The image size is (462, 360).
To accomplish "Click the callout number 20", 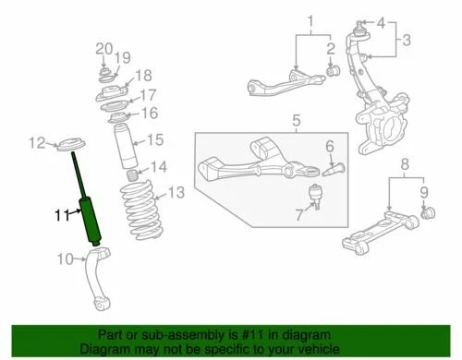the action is coord(103,48).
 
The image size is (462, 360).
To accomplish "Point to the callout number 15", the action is coord(154,139).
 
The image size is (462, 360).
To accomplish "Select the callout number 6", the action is coord(329,146).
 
